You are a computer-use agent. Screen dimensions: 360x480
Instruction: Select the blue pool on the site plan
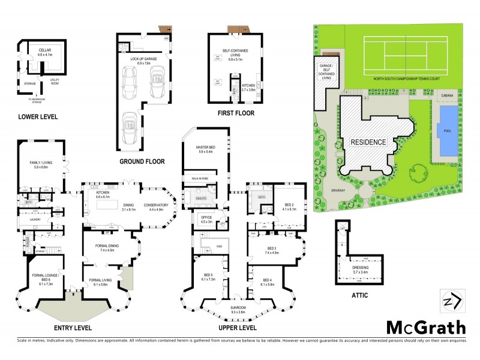(447, 131)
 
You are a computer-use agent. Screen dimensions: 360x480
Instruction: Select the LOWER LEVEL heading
(38, 117)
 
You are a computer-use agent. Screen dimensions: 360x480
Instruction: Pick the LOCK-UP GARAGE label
(146, 59)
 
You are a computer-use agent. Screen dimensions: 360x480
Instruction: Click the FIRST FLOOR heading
(236, 113)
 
